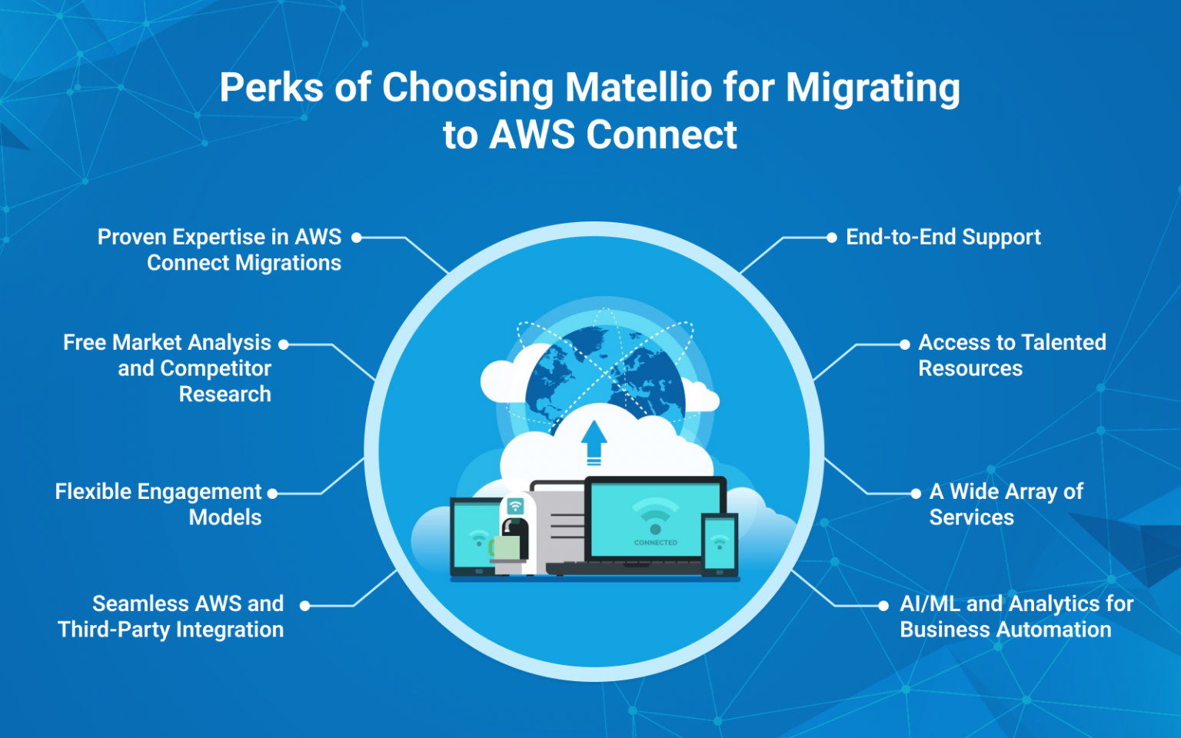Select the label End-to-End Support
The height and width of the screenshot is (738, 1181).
coord(943,237)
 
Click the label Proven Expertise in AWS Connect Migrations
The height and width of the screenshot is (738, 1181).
coord(220,250)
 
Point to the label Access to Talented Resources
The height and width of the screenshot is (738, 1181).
coord(1011,355)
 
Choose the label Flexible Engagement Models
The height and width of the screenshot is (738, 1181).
coord(158,504)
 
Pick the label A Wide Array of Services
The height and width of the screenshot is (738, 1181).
coord(1006,504)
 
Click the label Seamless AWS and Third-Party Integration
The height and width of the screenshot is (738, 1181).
coord(171,617)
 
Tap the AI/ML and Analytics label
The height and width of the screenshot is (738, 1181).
coord(1016,617)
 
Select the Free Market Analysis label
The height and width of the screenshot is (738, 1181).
coord(168,367)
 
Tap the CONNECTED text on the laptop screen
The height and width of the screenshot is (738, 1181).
coord(655,543)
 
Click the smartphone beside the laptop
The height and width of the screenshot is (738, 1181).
coord(720,544)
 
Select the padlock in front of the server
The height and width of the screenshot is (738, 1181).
coord(509,540)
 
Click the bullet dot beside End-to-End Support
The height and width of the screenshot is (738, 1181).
coord(831,238)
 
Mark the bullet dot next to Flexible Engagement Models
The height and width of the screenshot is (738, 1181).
coord(272,494)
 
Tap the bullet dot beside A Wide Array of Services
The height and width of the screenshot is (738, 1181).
coord(915,494)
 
